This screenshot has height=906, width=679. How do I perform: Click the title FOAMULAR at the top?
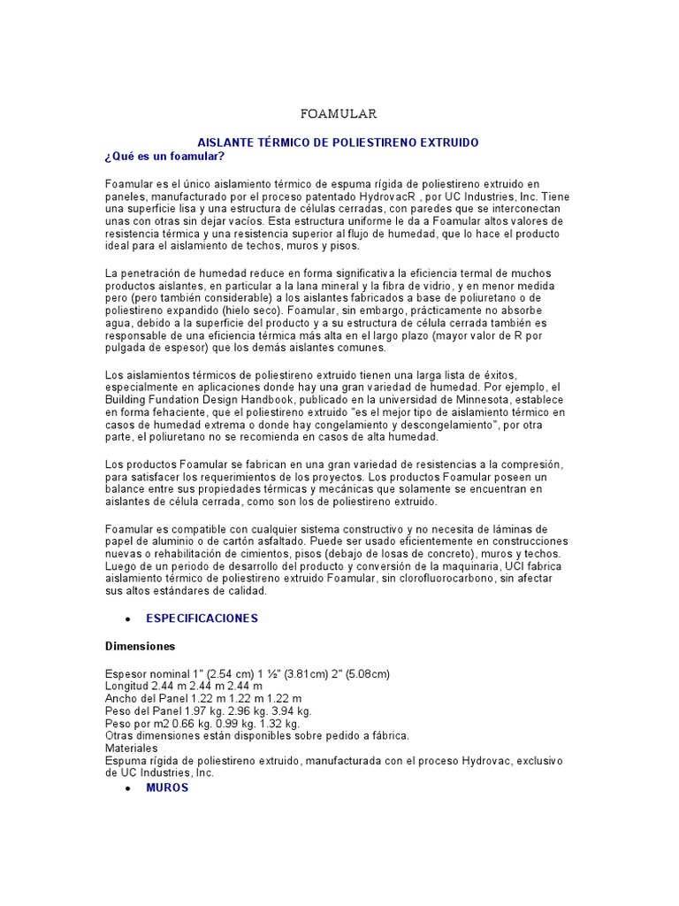pos(339,114)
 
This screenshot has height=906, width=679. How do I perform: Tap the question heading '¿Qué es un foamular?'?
pos(165,157)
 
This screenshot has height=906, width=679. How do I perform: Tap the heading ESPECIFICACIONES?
pos(202,618)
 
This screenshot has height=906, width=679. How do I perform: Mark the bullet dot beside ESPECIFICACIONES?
pos(129,619)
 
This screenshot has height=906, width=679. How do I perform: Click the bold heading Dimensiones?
pos(141,646)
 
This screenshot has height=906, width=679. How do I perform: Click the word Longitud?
pos(129,686)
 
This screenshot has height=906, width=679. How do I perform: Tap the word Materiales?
pos(132,749)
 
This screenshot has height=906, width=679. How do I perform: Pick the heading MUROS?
pos(167,787)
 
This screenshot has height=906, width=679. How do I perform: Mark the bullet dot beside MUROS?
pos(129,788)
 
